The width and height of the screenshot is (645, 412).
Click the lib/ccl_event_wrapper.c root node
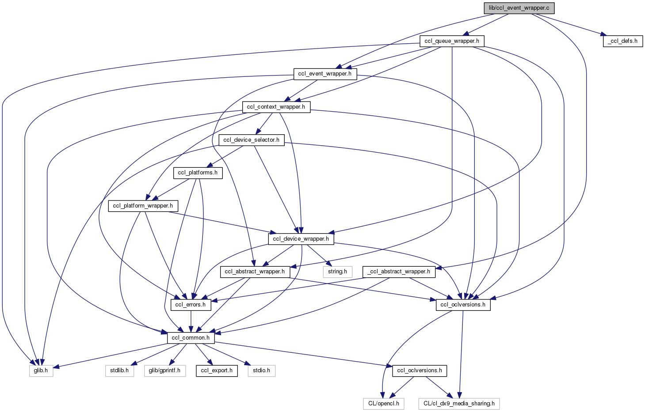tap(519, 8)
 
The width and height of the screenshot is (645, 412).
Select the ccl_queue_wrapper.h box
tap(452, 41)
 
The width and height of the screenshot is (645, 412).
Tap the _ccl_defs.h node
tap(622, 41)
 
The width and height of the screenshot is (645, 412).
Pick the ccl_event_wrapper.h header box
tap(325, 74)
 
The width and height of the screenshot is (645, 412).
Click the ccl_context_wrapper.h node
tap(276, 107)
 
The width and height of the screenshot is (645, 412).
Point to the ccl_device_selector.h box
tap(251, 140)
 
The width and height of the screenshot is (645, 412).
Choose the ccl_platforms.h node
tap(198, 173)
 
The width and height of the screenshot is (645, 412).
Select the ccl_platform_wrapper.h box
tap(143, 206)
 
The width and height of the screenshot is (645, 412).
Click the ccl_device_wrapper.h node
tap(301, 239)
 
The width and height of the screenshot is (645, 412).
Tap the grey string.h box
tap(337, 272)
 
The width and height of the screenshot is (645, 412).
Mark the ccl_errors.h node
tap(191, 305)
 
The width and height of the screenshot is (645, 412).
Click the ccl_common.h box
tap(191, 338)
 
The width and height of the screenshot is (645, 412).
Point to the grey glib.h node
tap(41, 370)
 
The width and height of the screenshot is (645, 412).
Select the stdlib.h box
tap(119, 370)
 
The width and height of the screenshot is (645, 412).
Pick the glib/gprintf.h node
tap(164, 370)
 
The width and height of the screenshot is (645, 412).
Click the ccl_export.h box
tap(217, 370)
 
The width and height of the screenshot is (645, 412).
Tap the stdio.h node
tap(261, 370)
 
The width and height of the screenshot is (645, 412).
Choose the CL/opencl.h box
tap(383, 404)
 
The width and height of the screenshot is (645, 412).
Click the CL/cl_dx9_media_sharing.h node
tap(459, 404)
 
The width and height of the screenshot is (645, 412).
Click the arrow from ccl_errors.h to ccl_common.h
tap(191, 321)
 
